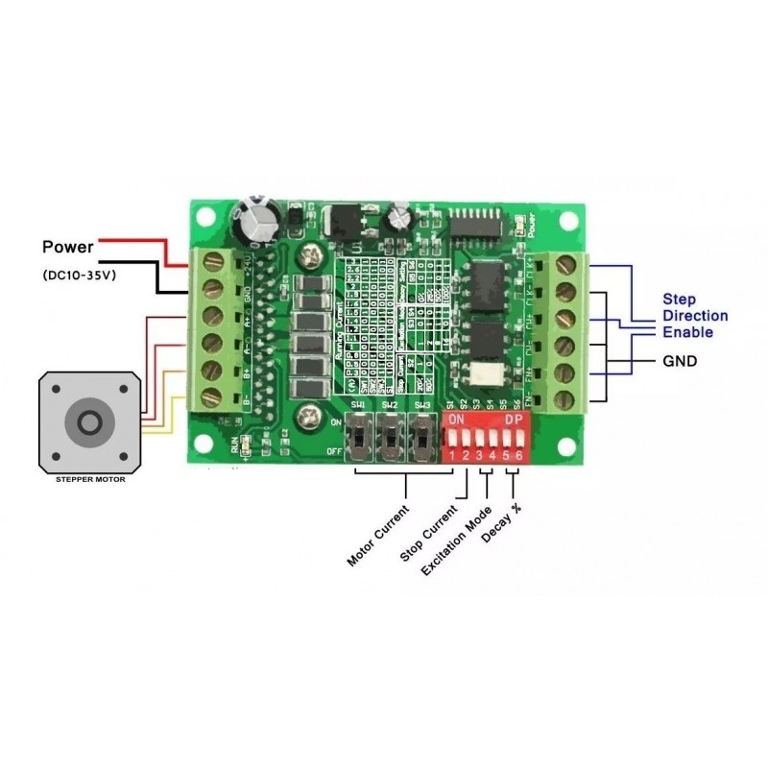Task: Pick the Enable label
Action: coord(686,332)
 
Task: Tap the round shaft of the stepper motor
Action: coord(90,423)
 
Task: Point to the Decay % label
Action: coord(501,524)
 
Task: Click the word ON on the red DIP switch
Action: coord(457,420)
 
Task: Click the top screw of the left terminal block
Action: coord(204,261)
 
